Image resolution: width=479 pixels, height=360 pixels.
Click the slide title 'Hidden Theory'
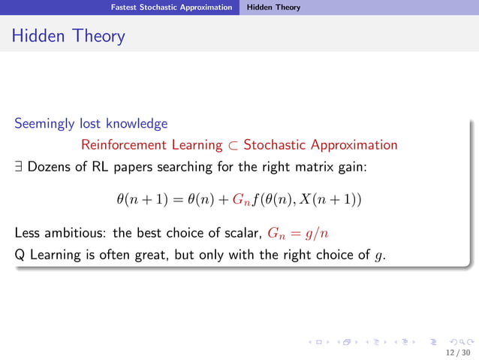pos(68,35)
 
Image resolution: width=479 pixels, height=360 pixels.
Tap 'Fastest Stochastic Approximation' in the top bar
pos(171,8)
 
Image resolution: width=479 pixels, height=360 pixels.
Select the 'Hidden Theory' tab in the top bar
pos(274,8)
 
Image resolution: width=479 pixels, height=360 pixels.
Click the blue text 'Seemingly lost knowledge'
pos(91,123)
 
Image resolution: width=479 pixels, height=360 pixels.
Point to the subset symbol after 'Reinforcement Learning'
pos(233,145)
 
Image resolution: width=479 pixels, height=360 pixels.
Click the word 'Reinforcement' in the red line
pos(116,145)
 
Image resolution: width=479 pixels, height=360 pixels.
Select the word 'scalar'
pos(242,233)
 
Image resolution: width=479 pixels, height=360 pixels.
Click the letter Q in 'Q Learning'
pos(20,255)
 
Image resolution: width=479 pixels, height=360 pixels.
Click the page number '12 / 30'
pos(456,351)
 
